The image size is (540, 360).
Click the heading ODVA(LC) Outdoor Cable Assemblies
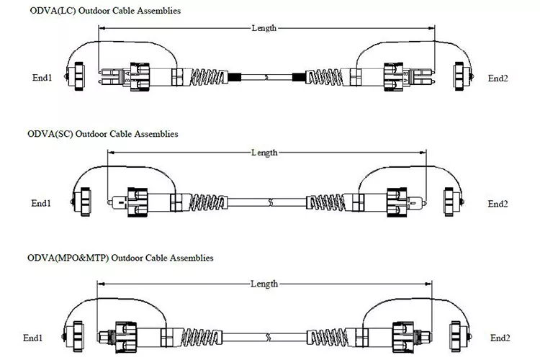tap(105, 11)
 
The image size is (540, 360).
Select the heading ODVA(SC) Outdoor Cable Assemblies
tap(103, 134)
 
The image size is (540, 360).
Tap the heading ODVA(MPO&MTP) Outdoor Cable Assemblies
tap(120, 258)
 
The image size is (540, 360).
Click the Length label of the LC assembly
tap(264, 28)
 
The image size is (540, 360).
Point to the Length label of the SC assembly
tap(264, 152)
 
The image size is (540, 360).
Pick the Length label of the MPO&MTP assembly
tap(264, 284)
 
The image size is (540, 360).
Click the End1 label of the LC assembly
tap(42, 78)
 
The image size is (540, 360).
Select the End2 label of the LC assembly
tap(498, 78)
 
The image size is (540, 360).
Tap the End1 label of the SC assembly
tap(41, 203)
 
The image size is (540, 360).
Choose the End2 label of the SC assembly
tap(498, 204)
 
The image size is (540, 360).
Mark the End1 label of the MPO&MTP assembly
tap(32, 338)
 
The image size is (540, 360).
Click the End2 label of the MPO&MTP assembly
tap(500, 338)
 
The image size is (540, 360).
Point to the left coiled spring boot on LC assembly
tap(209, 77)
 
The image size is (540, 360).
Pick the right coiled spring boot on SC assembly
tap(325, 202)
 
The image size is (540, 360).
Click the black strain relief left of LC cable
tap(234, 77)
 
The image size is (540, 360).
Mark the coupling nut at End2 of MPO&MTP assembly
tap(403, 337)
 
